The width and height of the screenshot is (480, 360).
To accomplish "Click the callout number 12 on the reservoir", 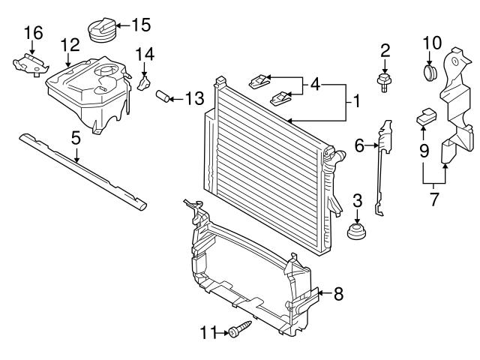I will click(x=70, y=45).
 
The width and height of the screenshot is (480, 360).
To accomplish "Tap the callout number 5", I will click(x=76, y=138).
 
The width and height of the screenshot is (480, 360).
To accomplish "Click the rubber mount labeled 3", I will click(x=357, y=229).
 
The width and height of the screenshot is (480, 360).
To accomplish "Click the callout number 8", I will click(x=337, y=294).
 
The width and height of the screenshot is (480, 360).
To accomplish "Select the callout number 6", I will click(x=358, y=148).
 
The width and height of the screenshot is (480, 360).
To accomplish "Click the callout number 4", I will click(x=315, y=85).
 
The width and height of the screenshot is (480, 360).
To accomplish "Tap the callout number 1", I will click(x=358, y=100).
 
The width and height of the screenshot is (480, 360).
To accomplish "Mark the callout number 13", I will click(x=194, y=97).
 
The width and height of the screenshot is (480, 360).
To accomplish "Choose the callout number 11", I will click(x=208, y=331).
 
